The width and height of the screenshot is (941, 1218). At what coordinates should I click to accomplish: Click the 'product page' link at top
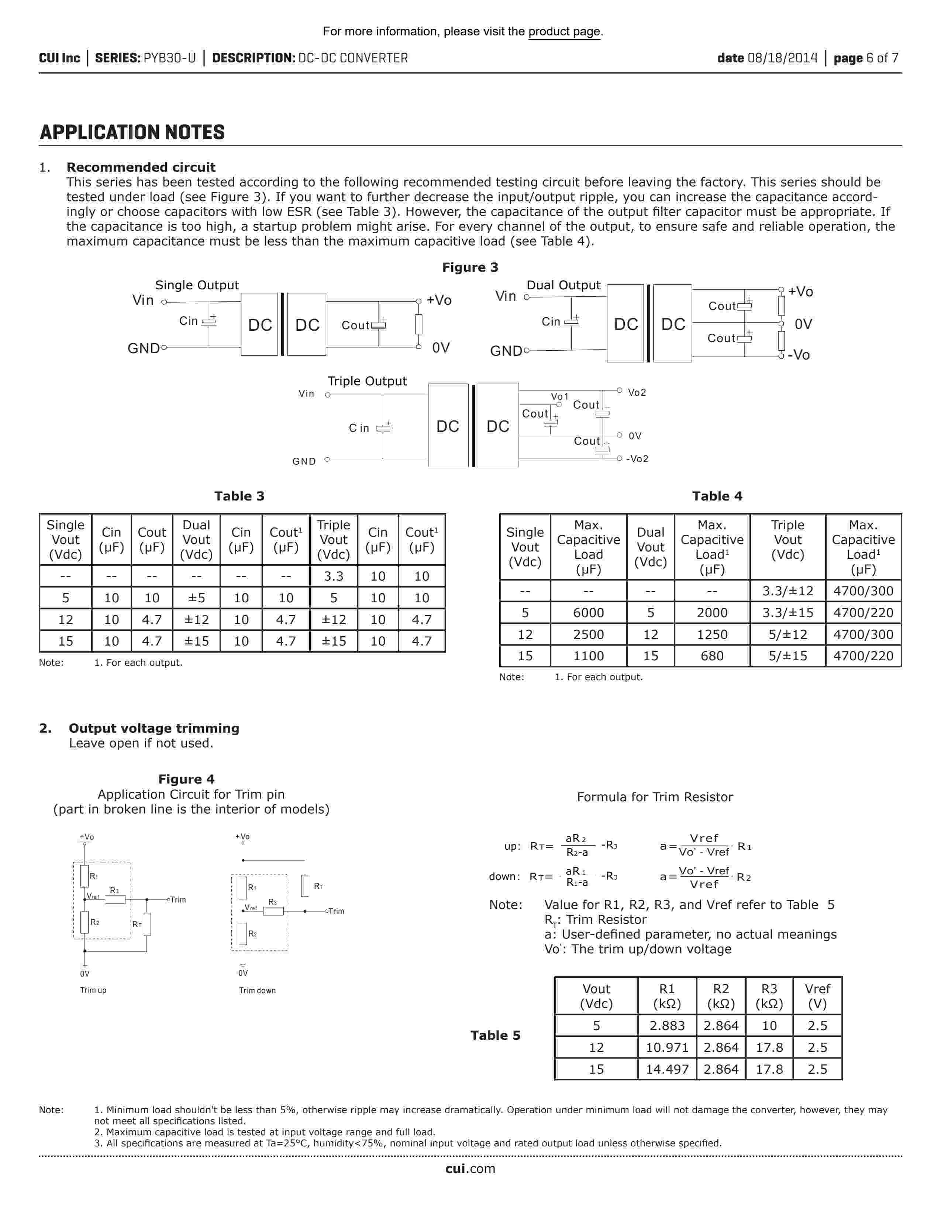pos(564,32)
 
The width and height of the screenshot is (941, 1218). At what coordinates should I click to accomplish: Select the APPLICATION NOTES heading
pos(132,133)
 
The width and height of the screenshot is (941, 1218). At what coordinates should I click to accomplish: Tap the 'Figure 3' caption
pos(470,268)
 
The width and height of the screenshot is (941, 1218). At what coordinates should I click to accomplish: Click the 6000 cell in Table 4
pos(588,613)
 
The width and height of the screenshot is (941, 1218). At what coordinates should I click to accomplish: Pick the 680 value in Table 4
pos(712,656)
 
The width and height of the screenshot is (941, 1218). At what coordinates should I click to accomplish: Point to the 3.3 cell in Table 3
pos(333,576)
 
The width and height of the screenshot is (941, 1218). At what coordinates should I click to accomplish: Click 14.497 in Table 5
pos(667,1069)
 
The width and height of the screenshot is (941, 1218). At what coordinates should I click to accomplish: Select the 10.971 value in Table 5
pos(667,1047)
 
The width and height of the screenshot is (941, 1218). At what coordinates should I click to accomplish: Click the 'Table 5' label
pos(495,1036)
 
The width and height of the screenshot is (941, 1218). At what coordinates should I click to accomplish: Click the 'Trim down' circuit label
pos(257,991)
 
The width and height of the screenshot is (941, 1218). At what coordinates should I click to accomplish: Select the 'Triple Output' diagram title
pos(367,382)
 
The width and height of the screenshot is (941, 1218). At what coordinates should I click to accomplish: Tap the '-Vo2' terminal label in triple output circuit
pos(637,459)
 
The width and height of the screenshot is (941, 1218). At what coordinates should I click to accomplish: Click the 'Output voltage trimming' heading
pos(154,728)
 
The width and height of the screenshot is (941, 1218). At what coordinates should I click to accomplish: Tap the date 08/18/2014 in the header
pos(782,58)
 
